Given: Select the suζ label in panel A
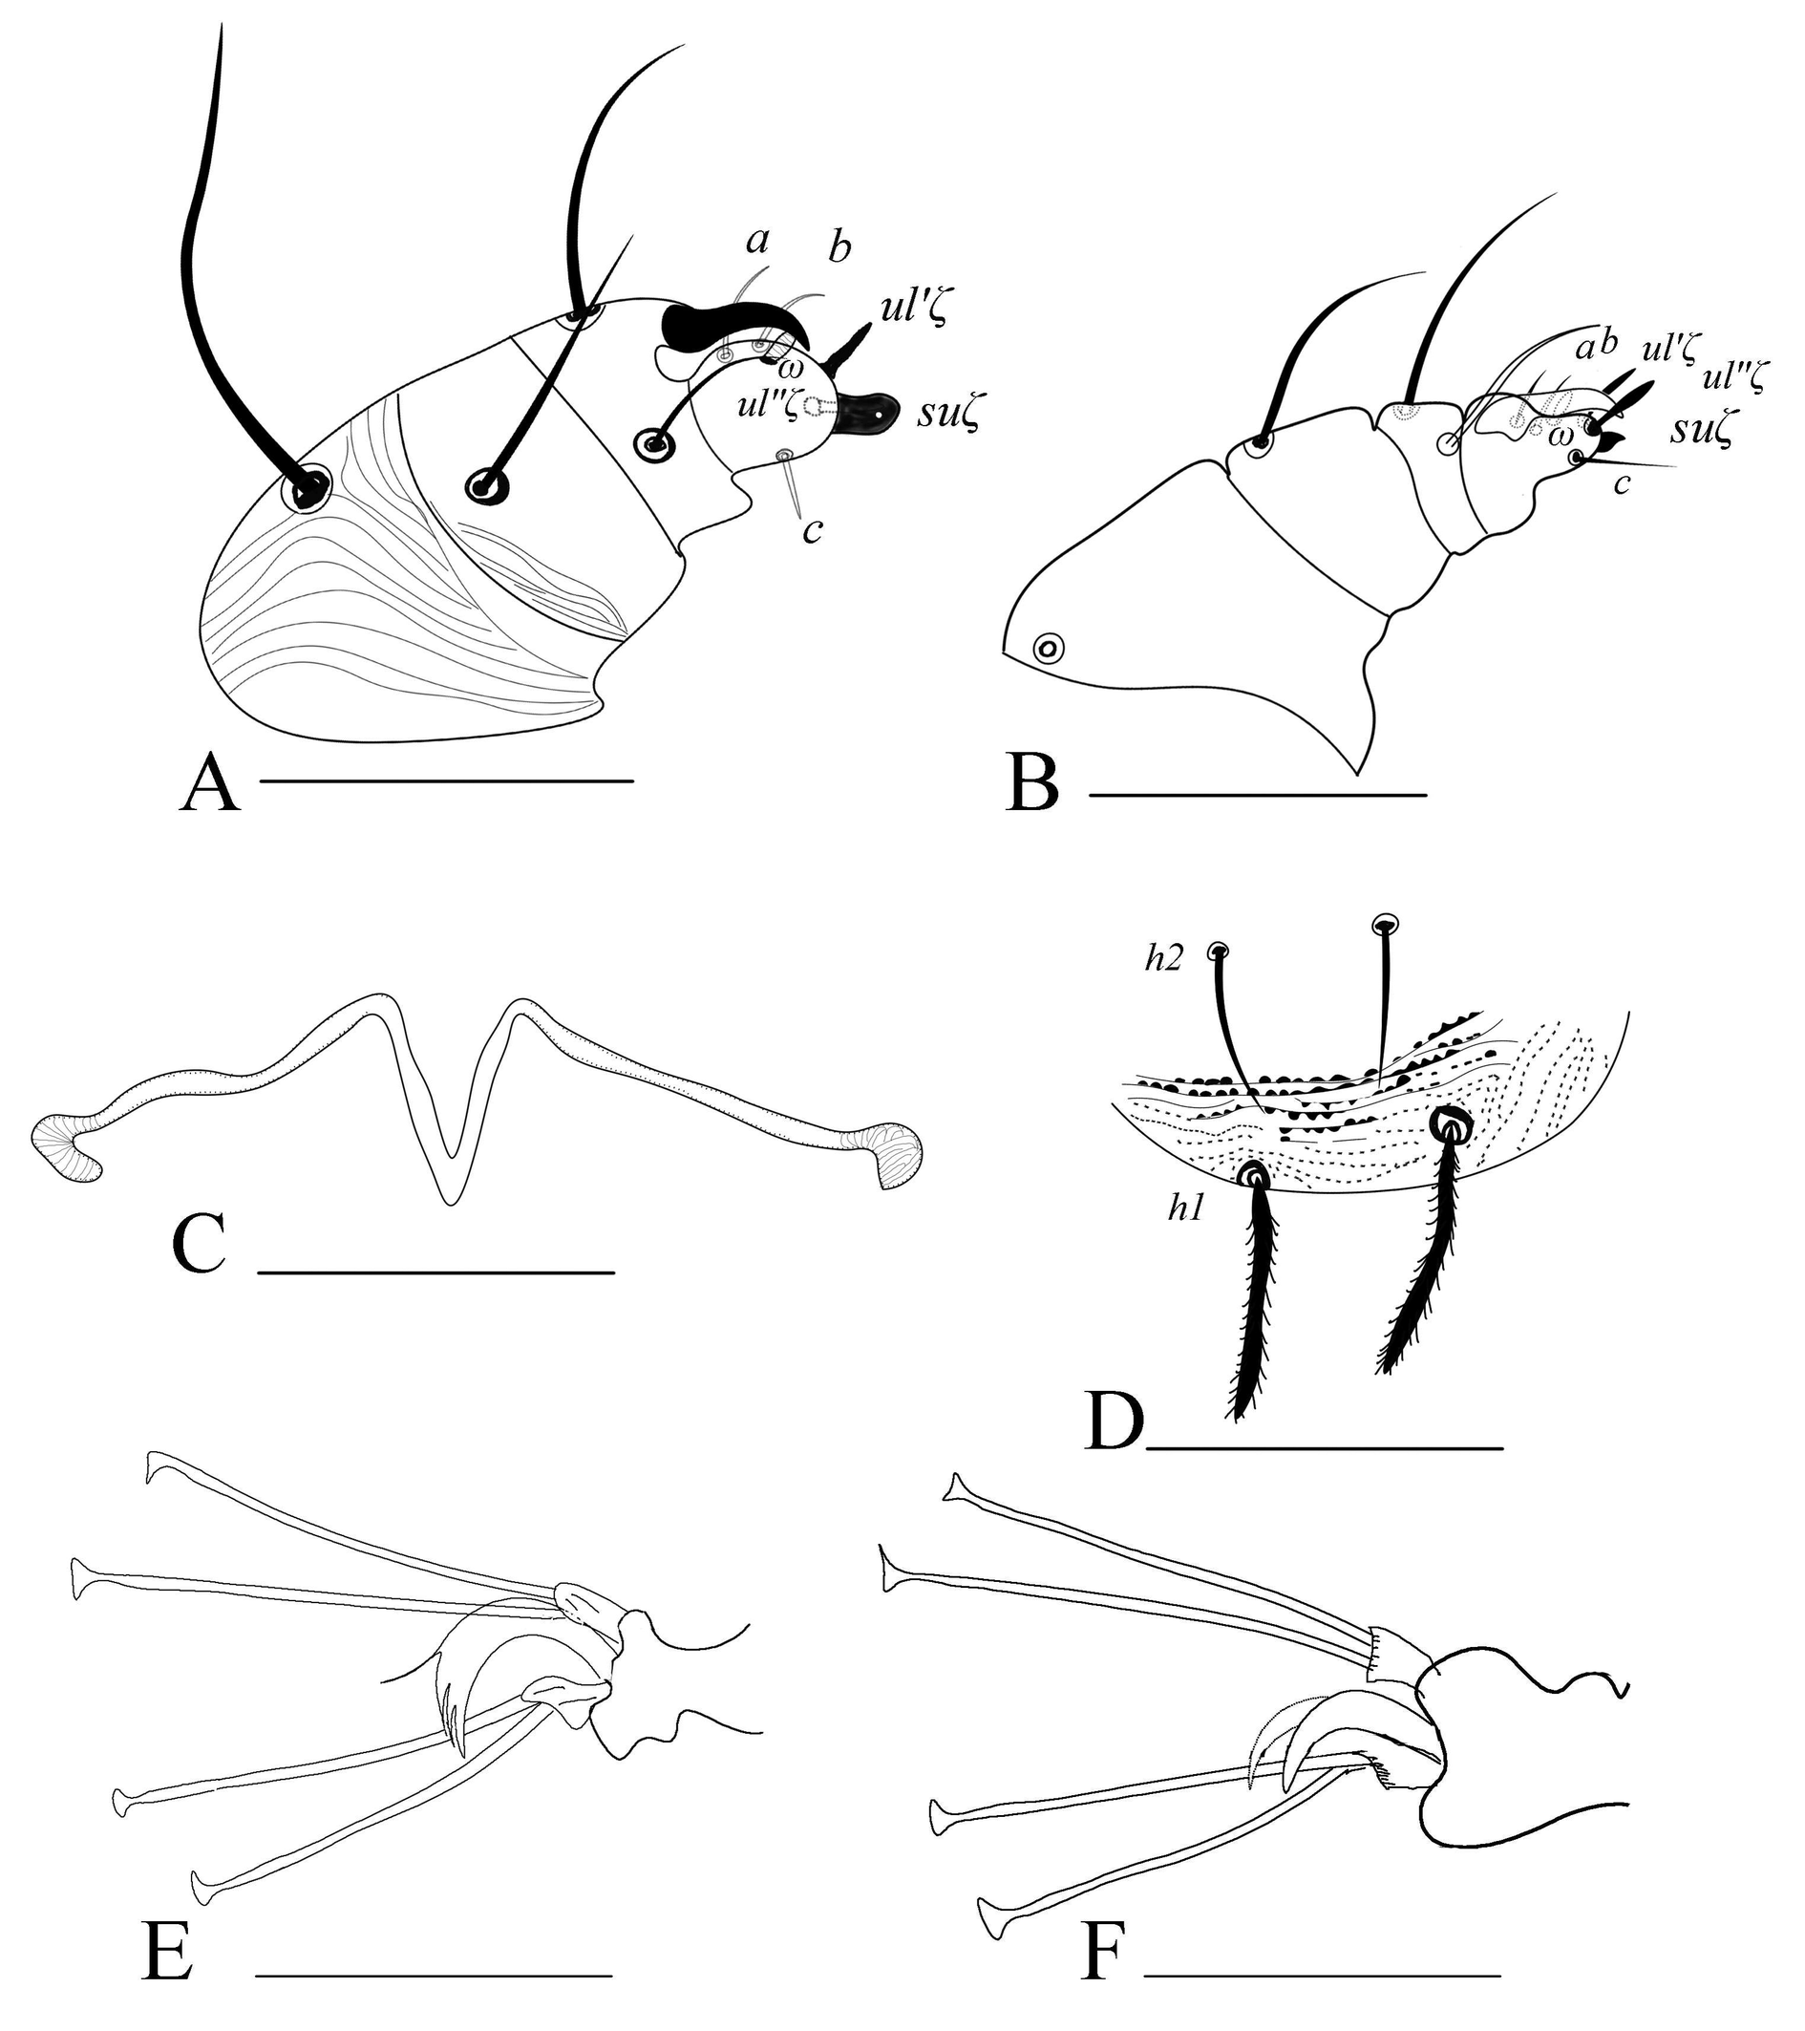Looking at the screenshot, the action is pyautogui.click(x=947, y=417).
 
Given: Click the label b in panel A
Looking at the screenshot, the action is pyautogui.click(x=840, y=248).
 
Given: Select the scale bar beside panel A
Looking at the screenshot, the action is pyautogui.click(x=446, y=781).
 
